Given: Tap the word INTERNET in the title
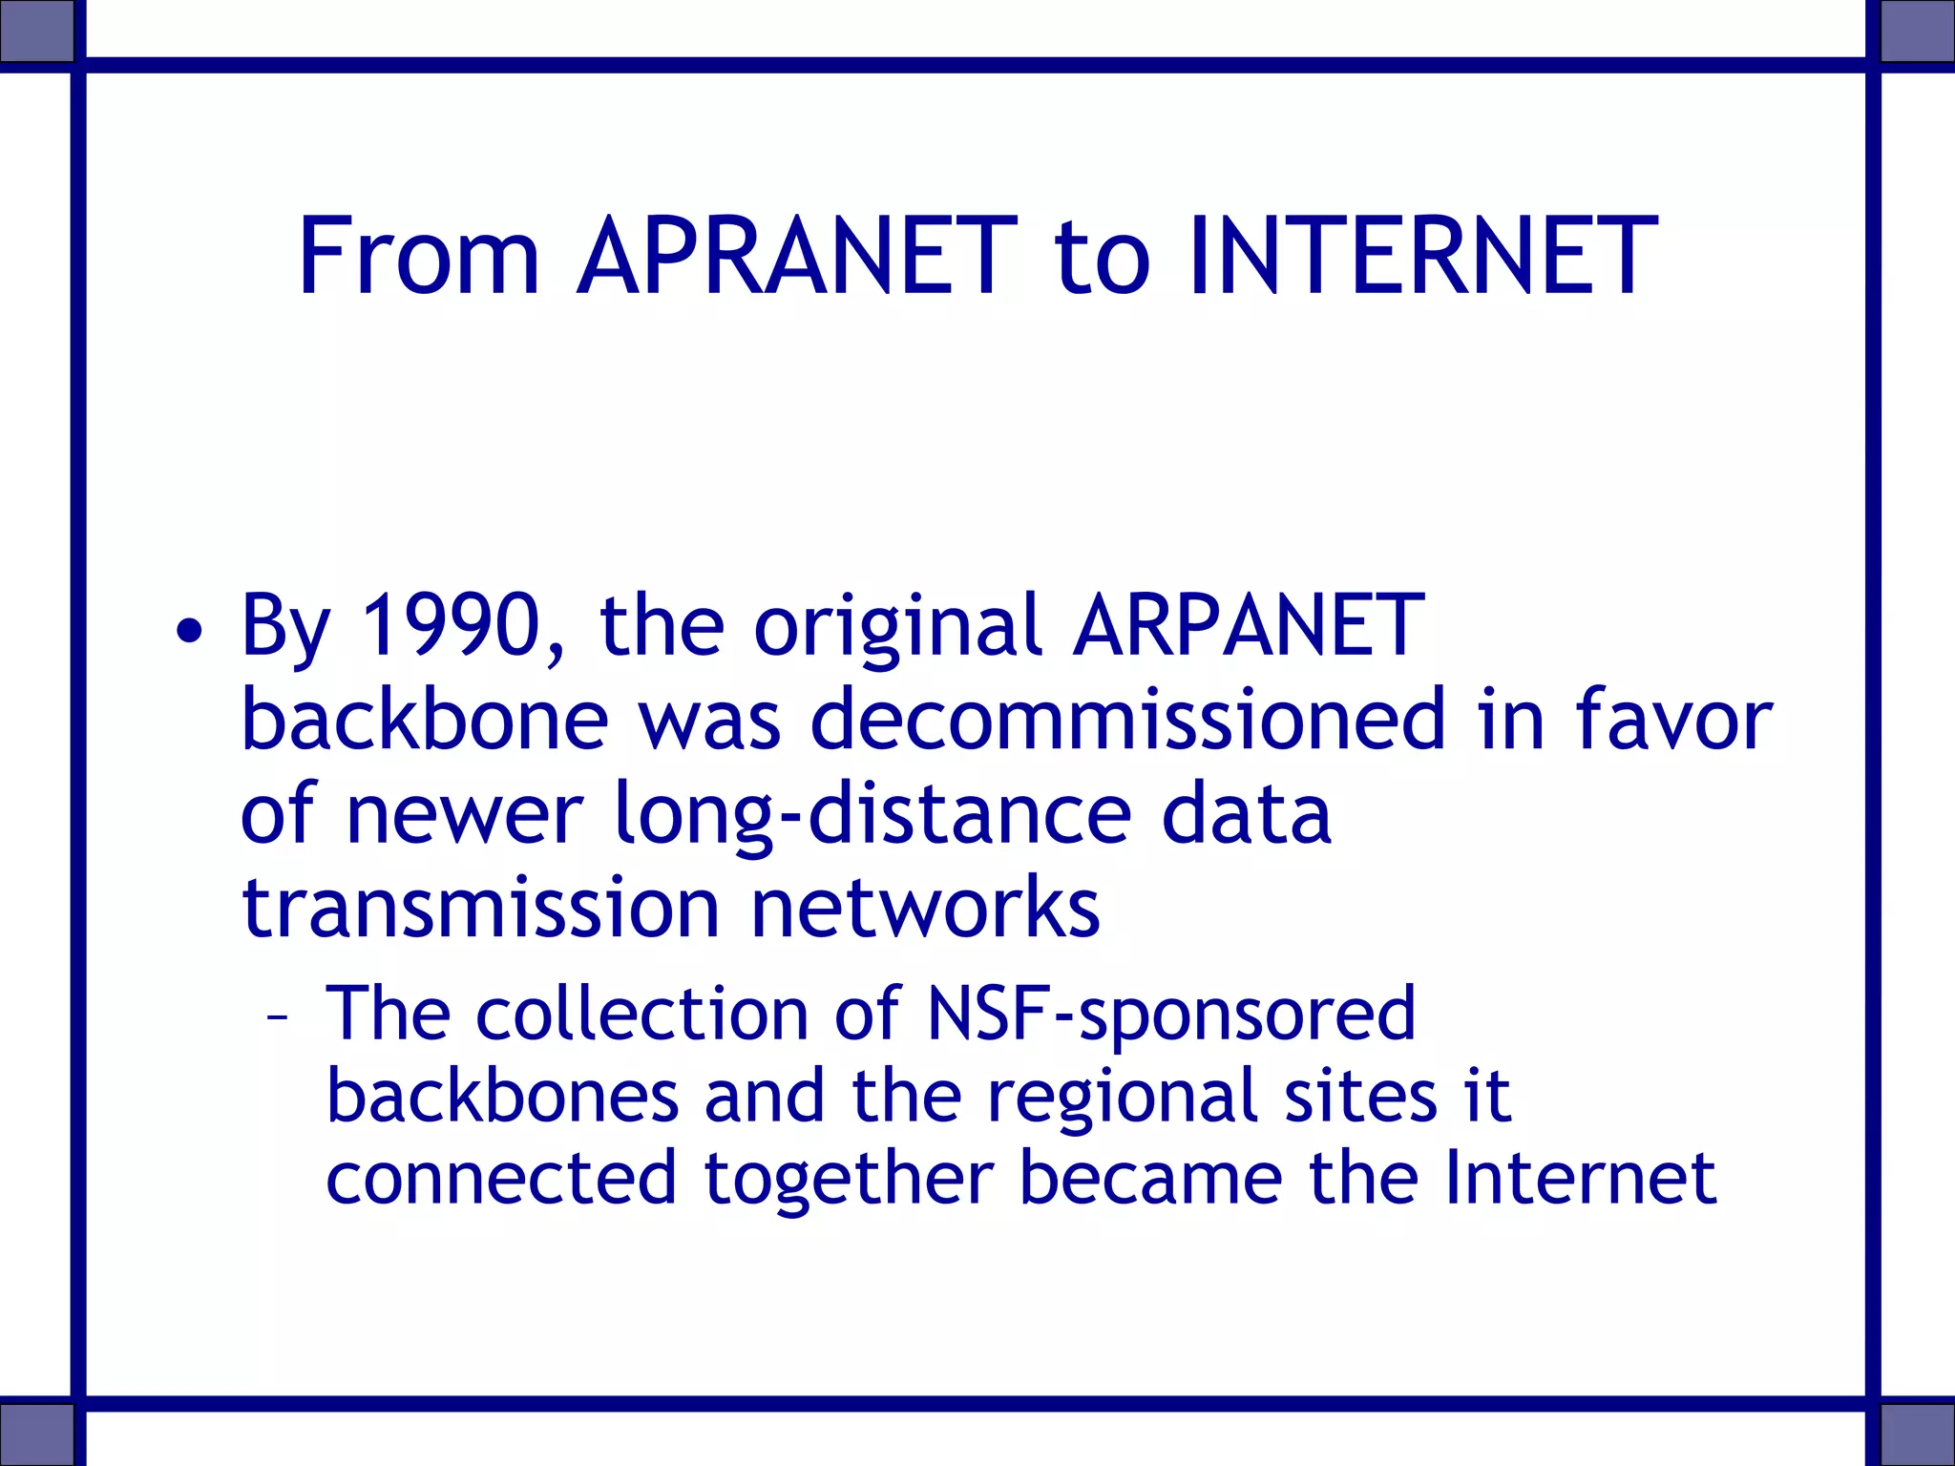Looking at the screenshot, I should pyautogui.click(x=1422, y=256).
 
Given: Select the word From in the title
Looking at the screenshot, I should pyautogui.click(x=419, y=256).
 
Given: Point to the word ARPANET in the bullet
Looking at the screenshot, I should pyautogui.click(x=1248, y=625).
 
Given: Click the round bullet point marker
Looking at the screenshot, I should pyautogui.click(x=189, y=631).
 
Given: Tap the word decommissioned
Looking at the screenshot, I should pyautogui.click(x=1128, y=719).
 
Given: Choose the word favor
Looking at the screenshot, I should pyautogui.click(x=1673, y=719).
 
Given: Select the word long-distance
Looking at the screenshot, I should pyautogui.click(x=873, y=814).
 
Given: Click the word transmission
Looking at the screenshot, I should pyautogui.click(x=480, y=908).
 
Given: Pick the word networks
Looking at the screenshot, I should pyautogui.click(x=925, y=908).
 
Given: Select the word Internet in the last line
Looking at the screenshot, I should pyautogui.click(x=1580, y=1178).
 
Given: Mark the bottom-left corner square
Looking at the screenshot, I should pyautogui.click(x=36, y=1435).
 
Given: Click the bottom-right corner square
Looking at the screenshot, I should pyautogui.click(x=1918, y=1435).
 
